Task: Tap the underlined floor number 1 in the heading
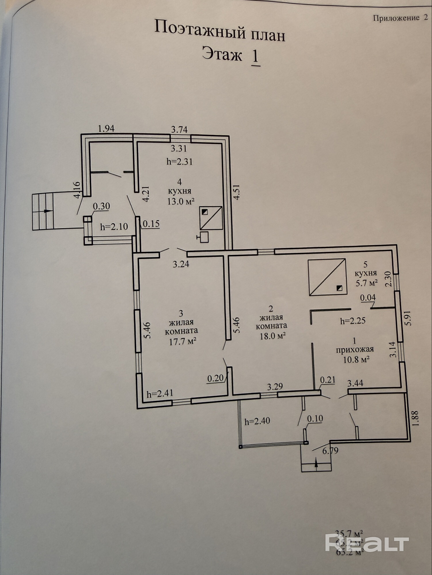[x=255, y=56]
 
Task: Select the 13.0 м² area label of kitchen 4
[x=181, y=201]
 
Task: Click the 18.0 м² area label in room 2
[x=273, y=336]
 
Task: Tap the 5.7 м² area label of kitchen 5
[x=366, y=283]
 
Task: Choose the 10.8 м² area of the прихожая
[x=357, y=359]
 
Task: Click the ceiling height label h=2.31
[x=179, y=162]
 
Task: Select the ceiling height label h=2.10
[x=114, y=227]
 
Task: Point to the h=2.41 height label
[x=160, y=393]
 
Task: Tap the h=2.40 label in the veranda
[x=257, y=421]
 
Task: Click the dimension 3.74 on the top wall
[x=179, y=130]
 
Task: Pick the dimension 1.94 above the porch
[x=106, y=129]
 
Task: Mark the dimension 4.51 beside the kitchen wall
[x=236, y=192]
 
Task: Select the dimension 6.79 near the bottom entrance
[x=330, y=450]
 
